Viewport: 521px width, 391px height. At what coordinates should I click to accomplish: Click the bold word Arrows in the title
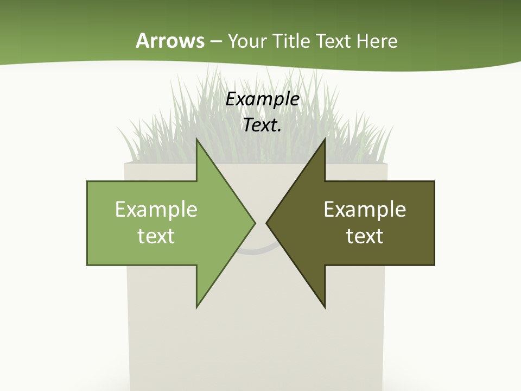[x=170, y=41]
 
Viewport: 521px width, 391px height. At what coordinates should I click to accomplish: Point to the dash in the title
[x=215, y=42]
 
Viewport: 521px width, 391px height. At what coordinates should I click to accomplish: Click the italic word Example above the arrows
[x=263, y=99]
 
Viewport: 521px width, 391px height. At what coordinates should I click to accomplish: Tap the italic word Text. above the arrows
[x=263, y=125]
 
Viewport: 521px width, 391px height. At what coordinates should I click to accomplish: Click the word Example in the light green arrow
[x=156, y=209]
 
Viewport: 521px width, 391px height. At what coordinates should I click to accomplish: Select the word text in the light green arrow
[x=156, y=236]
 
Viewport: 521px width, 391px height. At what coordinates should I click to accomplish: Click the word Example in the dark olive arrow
[x=365, y=209]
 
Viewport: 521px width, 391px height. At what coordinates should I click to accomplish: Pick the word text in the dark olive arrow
[x=365, y=236]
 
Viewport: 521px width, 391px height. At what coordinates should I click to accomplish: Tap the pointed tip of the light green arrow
[x=253, y=223]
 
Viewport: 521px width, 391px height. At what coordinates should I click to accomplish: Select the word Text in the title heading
[x=334, y=41]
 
